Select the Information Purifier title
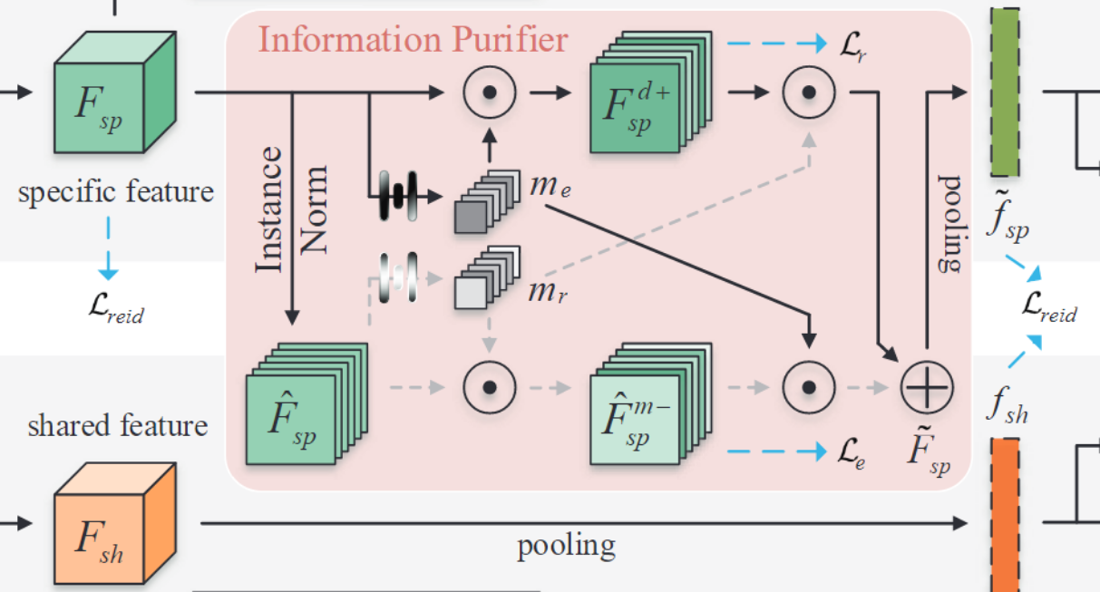click(x=414, y=40)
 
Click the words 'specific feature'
click(x=116, y=192)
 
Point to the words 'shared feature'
click(x=118, y=425)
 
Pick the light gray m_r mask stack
click(x=481, y=282)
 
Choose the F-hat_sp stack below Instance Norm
click(x=304, y=403)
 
